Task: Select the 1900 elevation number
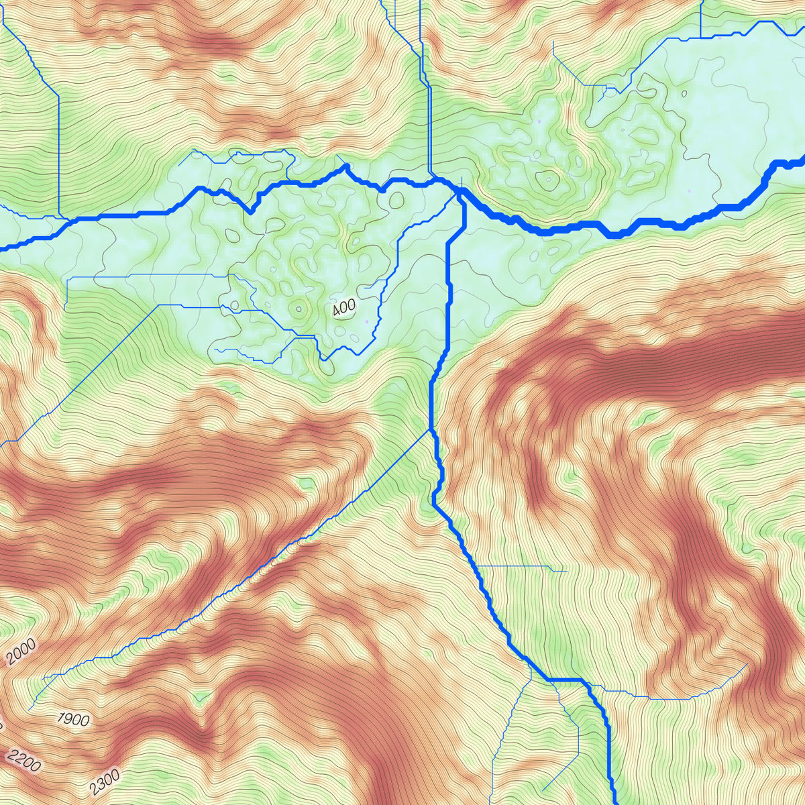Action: click(x=73, y=720)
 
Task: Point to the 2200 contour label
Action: click(x=24, y=762)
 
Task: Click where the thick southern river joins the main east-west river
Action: click(x=462, y=195)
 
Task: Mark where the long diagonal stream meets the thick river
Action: click(x=429, y=431)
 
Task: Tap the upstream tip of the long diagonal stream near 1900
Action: click(x=30, y=708)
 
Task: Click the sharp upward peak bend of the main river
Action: click(x=345, y=166)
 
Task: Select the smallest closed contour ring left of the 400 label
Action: click(x=299, y=309)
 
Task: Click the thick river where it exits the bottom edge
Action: click(x=614, y=802)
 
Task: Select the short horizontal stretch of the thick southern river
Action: click(x=567, y=681)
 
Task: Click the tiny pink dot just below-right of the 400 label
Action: click(x=367, y=322)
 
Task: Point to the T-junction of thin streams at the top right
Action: click(x=700, y=38)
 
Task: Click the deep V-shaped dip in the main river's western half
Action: click(x=252, y=212)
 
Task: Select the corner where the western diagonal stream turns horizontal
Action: click(x=160, y=306)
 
